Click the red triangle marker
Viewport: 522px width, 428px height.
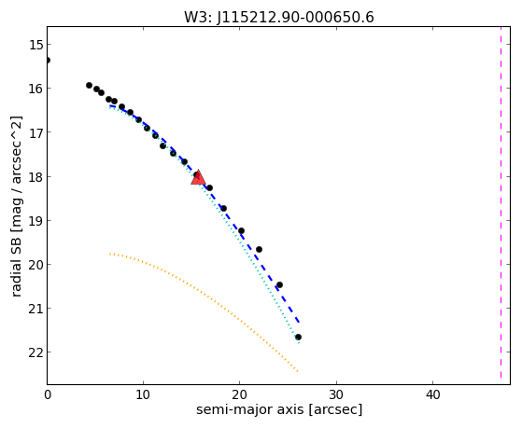[x=198, y=177]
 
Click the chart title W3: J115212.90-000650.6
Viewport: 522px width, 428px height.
[x=279, y=18]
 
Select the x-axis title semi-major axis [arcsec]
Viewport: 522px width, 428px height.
[x=279, y=409]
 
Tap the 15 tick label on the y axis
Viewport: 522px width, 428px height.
[x=35, y=45]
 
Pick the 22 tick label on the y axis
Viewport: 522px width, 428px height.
[x=35, y=352]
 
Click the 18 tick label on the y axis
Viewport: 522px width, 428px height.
[x=35, y=176]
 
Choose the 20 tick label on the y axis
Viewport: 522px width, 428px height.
[x=35, y=265]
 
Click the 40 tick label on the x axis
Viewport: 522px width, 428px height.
[x=432, y=394]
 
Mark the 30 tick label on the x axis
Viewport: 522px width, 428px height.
[x=336, y=394]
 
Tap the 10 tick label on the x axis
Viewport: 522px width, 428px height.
[x=144, y=394]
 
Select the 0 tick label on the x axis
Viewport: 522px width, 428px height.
[x=48, y=394]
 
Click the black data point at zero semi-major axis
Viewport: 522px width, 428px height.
[x=48, y=61]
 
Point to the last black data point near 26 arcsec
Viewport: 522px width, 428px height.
[x=298, y=338]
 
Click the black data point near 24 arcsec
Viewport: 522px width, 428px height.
[x=279, y=285]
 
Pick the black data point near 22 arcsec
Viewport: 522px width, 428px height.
[x=259, y=249]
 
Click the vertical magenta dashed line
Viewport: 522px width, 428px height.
[x=501, y=202]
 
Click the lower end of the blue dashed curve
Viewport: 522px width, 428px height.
[x=300, y=323]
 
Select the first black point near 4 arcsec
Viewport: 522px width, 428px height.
[x=90, y=86]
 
